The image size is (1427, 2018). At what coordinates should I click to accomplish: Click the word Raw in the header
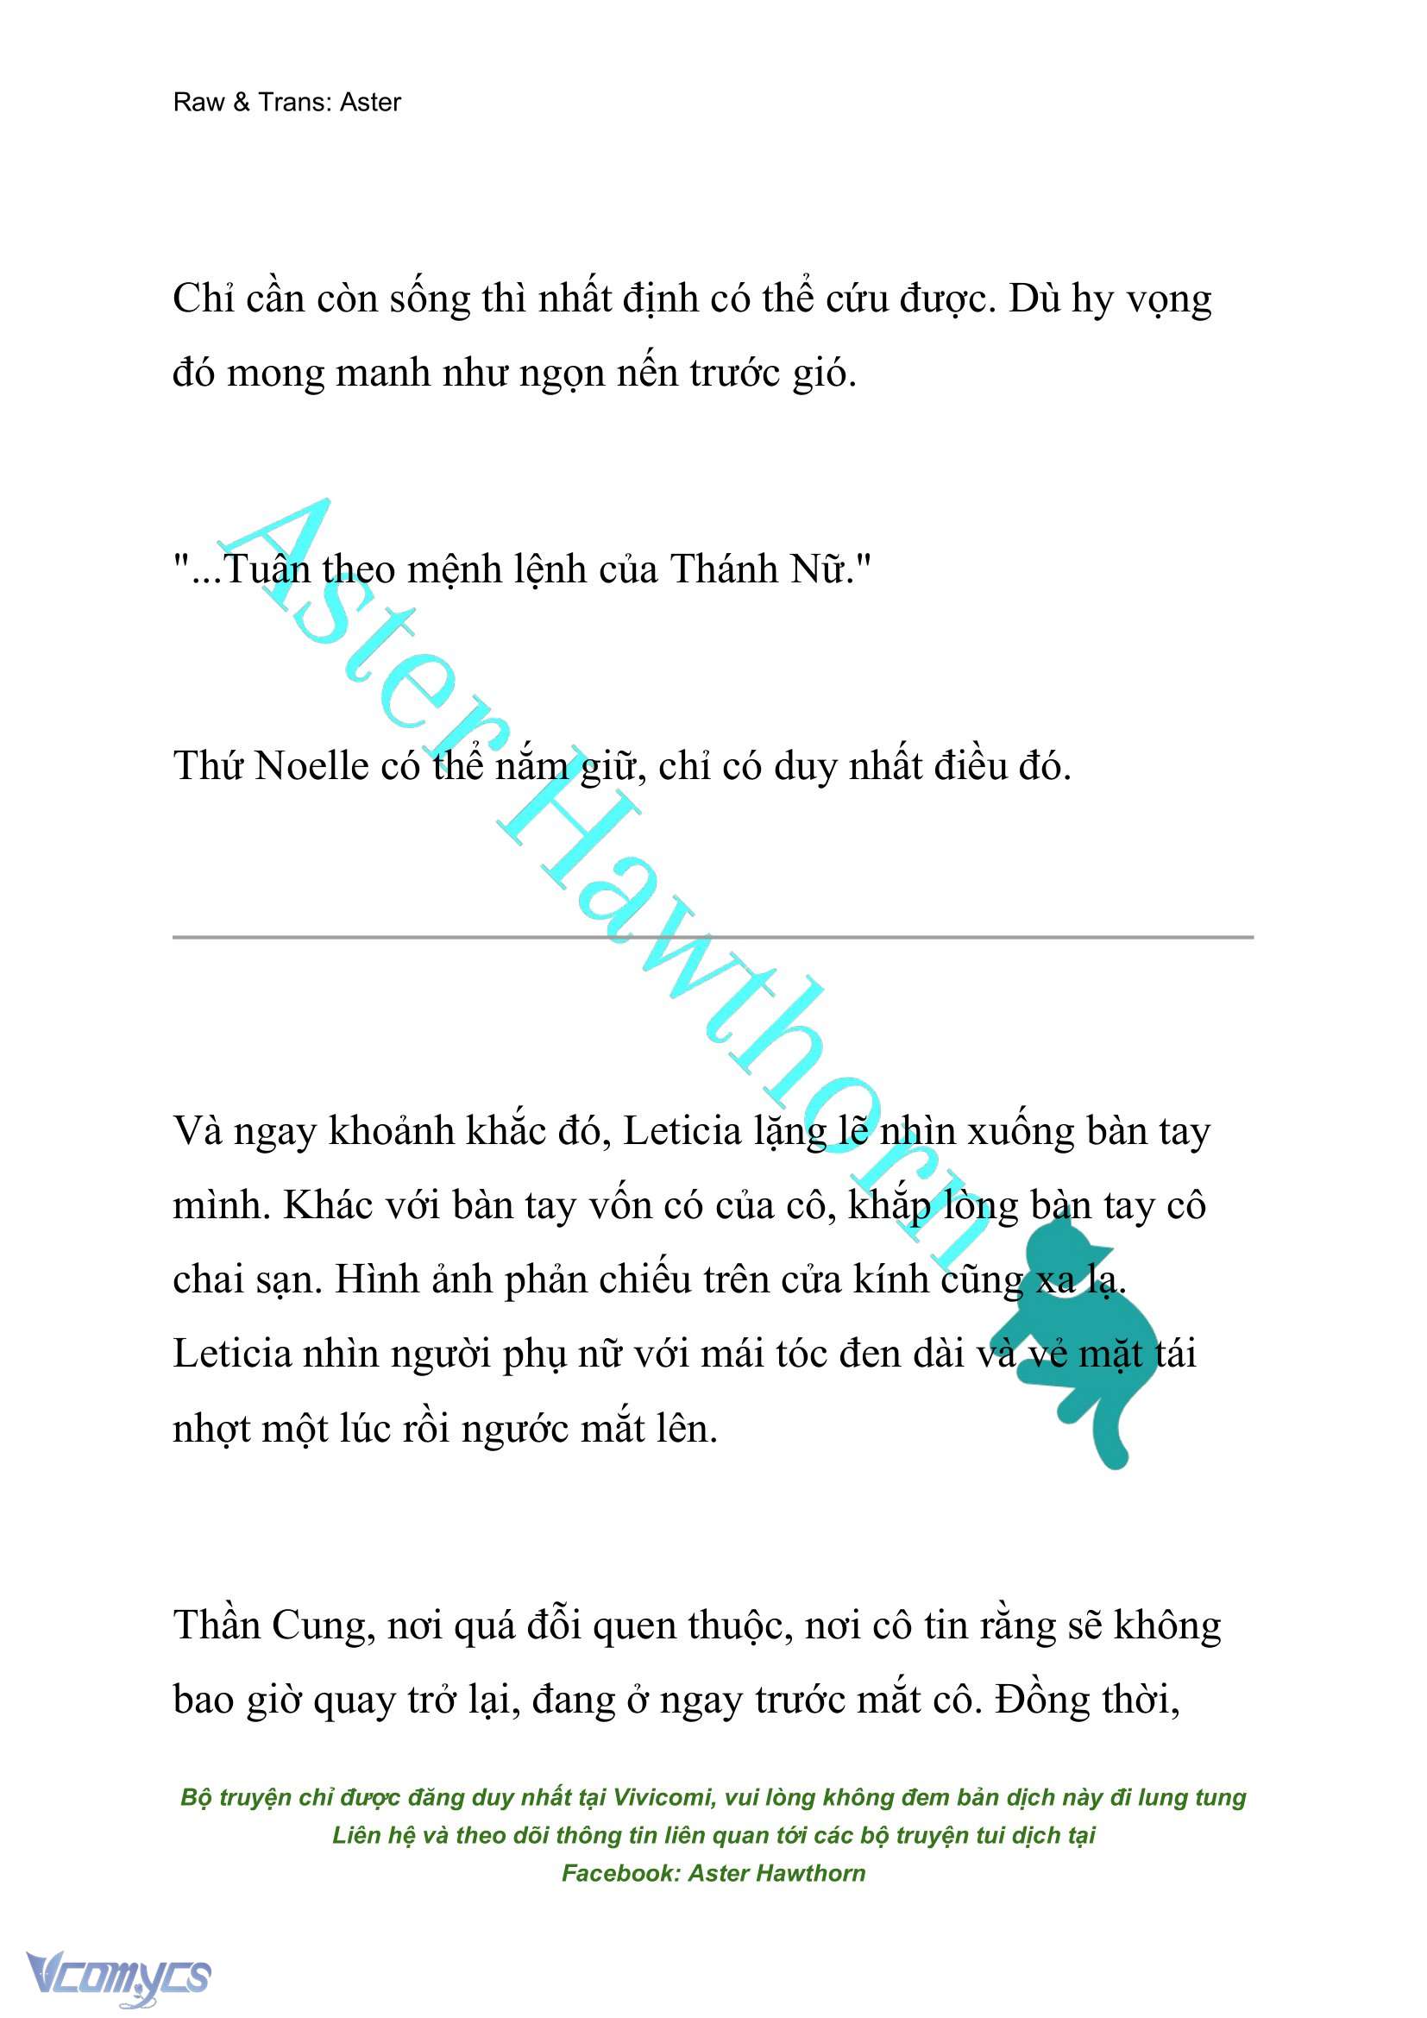[x=197, y=103]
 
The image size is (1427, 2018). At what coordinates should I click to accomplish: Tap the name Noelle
[x=311, y=766]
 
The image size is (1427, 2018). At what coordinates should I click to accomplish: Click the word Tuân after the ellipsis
[x=267, y=569]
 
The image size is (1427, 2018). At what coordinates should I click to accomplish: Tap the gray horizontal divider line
[x=713, y=937]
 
